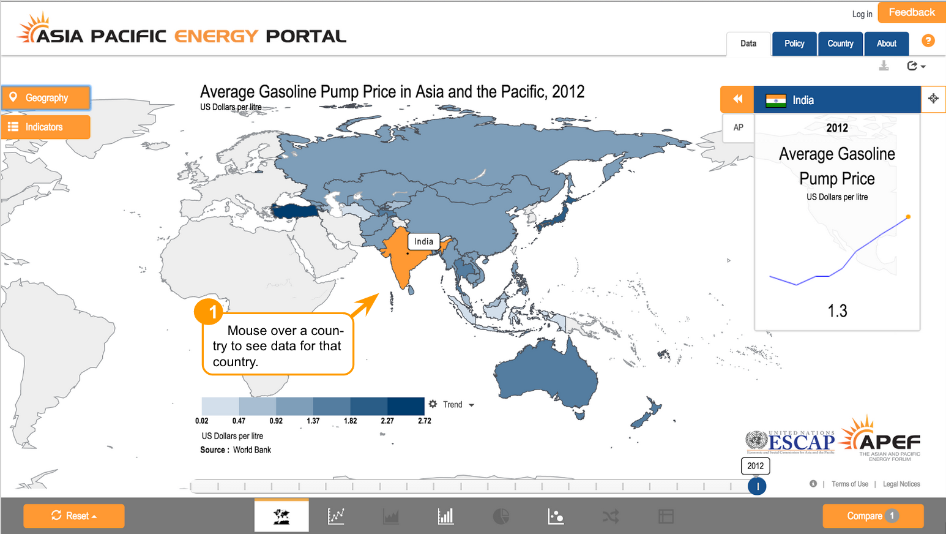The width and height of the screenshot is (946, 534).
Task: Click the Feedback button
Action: pyautogui.click(x=911, y=12)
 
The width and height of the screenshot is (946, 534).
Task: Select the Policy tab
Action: pyautogui.click(x=794, y=43)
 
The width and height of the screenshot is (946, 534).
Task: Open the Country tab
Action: pyautogui.click(x=840, y=43)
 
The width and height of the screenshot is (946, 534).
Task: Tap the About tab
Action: pyautogui.click(x=886, y=43)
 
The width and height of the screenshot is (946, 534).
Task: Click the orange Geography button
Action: pyautogui.click(x=47, y=98)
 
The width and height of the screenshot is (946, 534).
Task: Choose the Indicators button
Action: pyautogui.click(x=47, y=127)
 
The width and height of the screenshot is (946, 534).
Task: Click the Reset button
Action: pyautogui.click(x=74, y=516)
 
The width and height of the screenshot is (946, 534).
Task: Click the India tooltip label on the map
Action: pyautogui.click(x=423, y=241)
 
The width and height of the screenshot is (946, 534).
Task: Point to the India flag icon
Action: pyautogui.click(x=776, y=100)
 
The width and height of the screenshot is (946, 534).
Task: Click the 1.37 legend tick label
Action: pyautogui.click(x=313, y=421)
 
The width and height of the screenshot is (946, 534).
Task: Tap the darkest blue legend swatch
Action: pyautogui.click(x=406, y=406)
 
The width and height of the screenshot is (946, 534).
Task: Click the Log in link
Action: pyautogui.click(x=862, y=14)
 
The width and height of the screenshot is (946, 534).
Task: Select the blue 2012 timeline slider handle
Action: pyautogui.click(x=757, y=486)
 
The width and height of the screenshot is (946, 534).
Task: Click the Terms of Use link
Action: pyautogui.click(x=850, y=484)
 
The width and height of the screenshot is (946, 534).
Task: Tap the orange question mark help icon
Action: pyautogui.click(x=928, y=40)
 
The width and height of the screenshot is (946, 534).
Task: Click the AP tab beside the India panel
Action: pyautogui.click(x=739, y=127)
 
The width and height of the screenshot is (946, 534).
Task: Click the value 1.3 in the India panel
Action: pyautogui.click(x=837, y=311)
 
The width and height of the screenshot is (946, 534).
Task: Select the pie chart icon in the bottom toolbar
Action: pyautogui.click(x=501, y=516)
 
